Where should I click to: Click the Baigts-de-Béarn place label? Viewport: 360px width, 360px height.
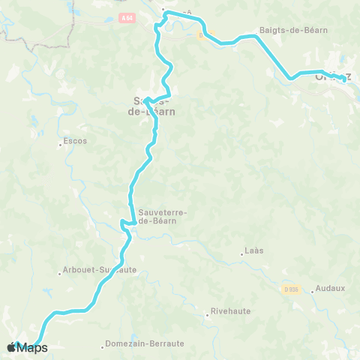pyautogui.click(x=293, y=30)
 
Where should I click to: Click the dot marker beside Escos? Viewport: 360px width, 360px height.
pyautogui.click(x=61, y=145)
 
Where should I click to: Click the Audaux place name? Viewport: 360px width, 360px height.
pyautogui.click(x=330, y=287)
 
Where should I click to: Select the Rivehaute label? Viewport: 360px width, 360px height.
pyautogui.click(x=230, y=310)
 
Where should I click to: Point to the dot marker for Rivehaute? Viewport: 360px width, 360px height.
pyautogui.click(x=207, y=315)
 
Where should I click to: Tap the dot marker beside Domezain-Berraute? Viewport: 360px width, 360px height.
pyautogui.click(x=103, y=346)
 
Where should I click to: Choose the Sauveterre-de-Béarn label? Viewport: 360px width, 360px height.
pyautogui.click(x=163, y=215)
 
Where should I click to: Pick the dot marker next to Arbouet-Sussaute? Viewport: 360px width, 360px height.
pyautogui.click(x=60, y=273)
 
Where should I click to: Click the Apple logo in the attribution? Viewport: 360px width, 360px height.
pyautogui.click(x=11, y=347)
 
